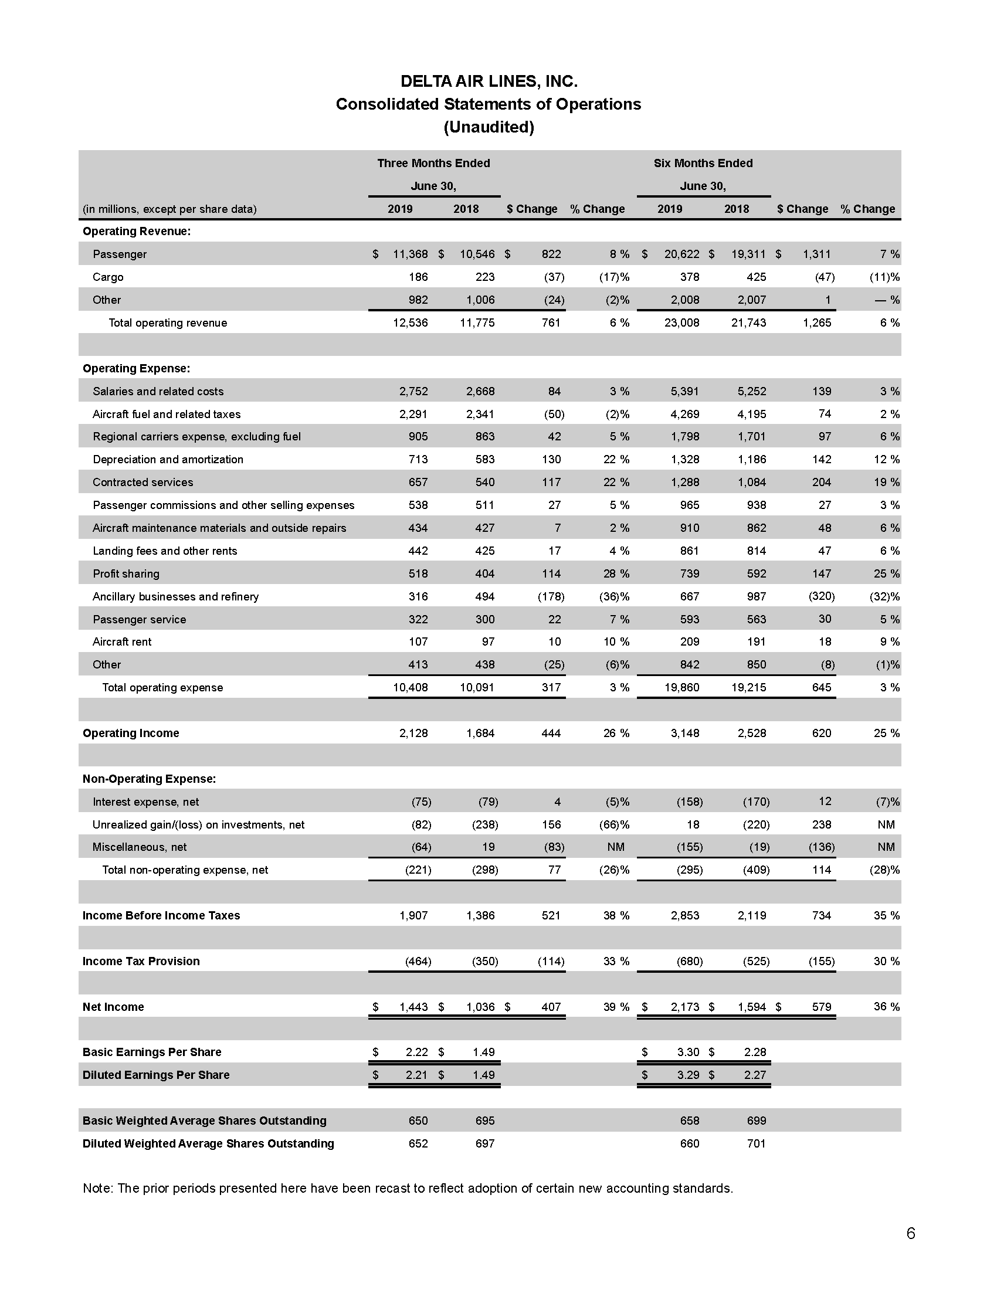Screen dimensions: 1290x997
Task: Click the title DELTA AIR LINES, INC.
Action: point(489,81)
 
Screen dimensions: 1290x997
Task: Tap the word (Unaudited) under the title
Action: point(489,127)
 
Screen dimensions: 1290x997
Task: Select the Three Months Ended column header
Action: point(433,163)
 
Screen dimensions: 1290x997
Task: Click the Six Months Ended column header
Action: point(703,163)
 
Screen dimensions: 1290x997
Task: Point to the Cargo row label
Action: point(108,277)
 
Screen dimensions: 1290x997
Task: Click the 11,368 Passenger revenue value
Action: point(411,254)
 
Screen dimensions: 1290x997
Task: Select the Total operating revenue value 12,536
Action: point(411,322)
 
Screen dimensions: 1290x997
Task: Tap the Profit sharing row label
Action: point(126,573)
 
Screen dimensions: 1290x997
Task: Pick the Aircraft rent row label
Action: point(121,641)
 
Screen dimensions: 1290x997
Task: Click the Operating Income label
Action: point(131,733)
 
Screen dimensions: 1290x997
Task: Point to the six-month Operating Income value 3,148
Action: point(685,733)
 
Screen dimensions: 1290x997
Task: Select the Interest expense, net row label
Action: point(145,802)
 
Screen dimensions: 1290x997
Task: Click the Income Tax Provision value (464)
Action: point(418,961)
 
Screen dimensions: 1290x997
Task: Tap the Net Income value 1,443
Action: point(413,1006)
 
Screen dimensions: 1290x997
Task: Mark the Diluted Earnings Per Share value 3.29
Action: point(688,1075)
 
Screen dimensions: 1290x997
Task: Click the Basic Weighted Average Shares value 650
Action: point(418,1121)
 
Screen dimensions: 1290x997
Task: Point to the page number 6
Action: point(910,1233)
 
